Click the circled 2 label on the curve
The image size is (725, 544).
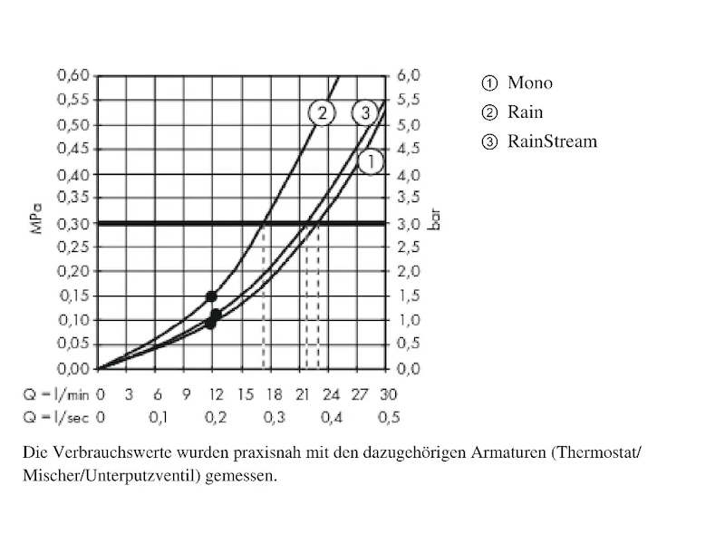click(x=322, y=113)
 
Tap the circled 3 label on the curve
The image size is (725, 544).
click(x=364, y=113)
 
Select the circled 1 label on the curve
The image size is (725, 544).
click(x=371, y=162)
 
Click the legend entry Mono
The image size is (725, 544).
click(x=529, y=83)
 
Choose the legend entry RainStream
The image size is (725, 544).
click(x=552, y=141)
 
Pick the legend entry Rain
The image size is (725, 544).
click(x=525, y=112)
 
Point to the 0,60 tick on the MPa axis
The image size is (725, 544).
click(x=73, y=75)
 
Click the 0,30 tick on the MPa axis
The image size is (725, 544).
click(x=73, y=222)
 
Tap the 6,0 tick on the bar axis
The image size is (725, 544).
click(x=409, y=75)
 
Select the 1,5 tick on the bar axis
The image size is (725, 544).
click(x=409, y=296)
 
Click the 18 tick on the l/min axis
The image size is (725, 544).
click(x=273, y=394)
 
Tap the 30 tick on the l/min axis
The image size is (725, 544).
click(x=389, y=394)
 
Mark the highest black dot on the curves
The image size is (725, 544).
click(x=211, y=296)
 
